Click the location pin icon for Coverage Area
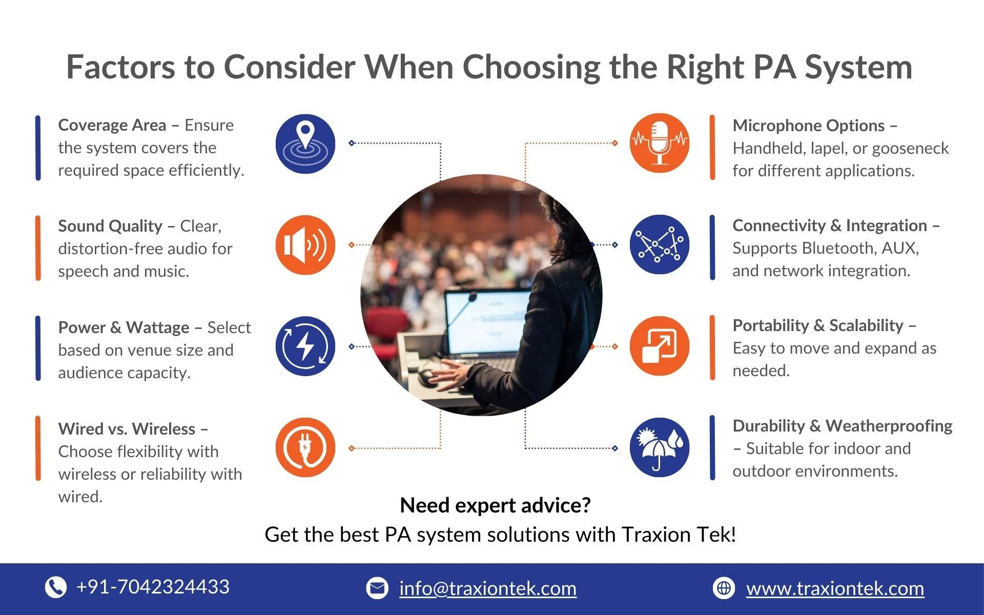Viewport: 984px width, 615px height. tap(305, 143)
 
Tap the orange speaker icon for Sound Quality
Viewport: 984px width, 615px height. tap(305, 245)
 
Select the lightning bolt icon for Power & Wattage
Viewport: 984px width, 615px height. tap(305, 346)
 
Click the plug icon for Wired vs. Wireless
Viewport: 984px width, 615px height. tap(305, 447)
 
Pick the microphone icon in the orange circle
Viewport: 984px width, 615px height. tap(660, 143)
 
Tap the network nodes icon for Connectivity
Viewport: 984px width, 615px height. tap(660, 244)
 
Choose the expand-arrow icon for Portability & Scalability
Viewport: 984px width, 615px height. tap(660, 346)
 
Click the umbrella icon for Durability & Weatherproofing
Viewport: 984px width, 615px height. tap(660, 447)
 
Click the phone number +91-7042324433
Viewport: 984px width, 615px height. tap(153, 587)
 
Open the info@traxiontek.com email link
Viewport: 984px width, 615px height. tap(488, 588)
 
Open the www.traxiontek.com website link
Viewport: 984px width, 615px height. tap(835, 588)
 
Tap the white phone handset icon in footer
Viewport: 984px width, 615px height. tap(56, 587)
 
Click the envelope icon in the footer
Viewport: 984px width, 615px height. tap(377, 588)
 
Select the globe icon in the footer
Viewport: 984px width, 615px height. tap(724, 588)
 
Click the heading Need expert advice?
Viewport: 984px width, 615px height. tap(495, 505)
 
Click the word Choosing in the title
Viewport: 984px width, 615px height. tap(531, 67)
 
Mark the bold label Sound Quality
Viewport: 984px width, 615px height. tap(110, 226)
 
